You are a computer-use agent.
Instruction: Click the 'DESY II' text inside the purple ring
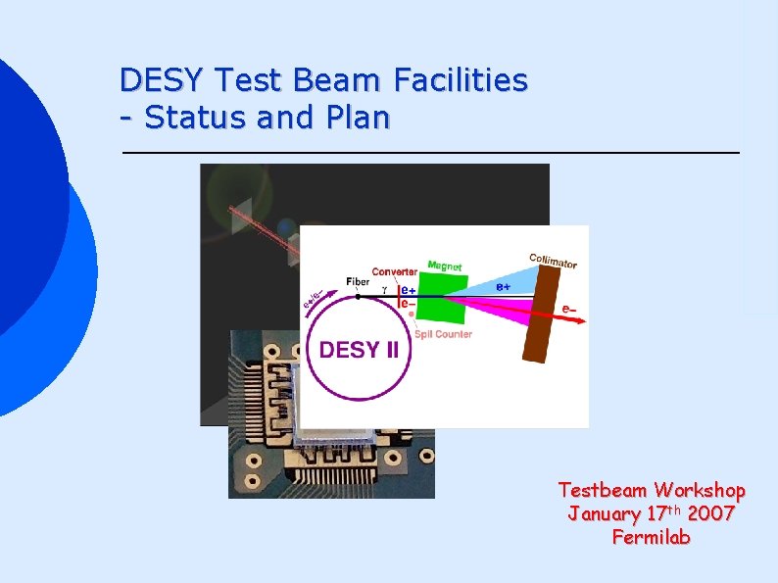(x=359, y=350)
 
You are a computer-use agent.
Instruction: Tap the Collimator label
(x=553, y=261)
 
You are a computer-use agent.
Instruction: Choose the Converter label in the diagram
(x=395, y=271)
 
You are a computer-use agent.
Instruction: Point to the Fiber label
(x=358, y=282)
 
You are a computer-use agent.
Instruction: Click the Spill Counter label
(x=443, y=334)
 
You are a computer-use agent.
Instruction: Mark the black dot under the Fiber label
(x=359, y=295)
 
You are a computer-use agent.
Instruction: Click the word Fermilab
(x=651, y=537)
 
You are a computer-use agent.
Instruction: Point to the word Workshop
(x=700, y=490)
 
